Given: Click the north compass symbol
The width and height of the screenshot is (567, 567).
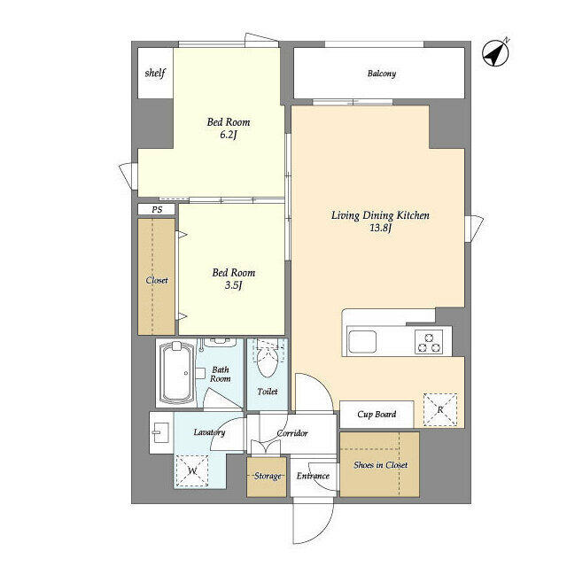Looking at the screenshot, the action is pyautogui.click(x=495, y=53).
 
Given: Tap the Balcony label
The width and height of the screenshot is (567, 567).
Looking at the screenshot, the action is pyautogui.click(x=382, y=74).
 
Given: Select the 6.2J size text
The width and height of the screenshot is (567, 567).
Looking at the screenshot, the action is pyautogui.click(x=229, y=135).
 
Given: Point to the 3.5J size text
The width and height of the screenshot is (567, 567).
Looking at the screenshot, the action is pyautogui.click(x=233, y=285).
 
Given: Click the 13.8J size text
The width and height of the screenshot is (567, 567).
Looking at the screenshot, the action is pyautogui.click(x=380, y=228).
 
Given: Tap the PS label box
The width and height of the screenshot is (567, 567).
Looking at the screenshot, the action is pyautogui.click(x=157, y=209).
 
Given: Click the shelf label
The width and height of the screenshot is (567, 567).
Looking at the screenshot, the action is pyautogui.click(x=155, y=73).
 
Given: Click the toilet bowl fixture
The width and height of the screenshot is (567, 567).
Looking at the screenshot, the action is pyautogui.click(x=267, y=362).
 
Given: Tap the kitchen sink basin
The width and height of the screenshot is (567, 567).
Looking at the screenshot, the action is pyautogui.click(x=362, y=341).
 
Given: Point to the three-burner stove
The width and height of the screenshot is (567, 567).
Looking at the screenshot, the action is pyautogui.click(x=429, y=342).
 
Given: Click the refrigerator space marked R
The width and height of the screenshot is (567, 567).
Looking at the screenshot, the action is pyautogui.click(x=440, y=409).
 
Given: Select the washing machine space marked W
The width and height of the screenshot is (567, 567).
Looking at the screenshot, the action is pyautogui.click(x=192, y=470).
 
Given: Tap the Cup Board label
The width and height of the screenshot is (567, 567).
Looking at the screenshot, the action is pyautogui.click(x=377, y=415).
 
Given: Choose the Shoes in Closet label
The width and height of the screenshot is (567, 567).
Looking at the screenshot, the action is pyautogui.click(x=380, y=465).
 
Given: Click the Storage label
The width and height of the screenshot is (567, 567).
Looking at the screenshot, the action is pyautogui.click(x=268, y=476).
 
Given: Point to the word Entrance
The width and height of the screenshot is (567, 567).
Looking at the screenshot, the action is pyautogui.click(x=313, y=476).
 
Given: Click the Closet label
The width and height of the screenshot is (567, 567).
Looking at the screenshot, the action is pyautogui.click(x=157, y=280).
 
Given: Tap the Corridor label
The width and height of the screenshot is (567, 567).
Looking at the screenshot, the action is pyautogui.click(x=292, y=433).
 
